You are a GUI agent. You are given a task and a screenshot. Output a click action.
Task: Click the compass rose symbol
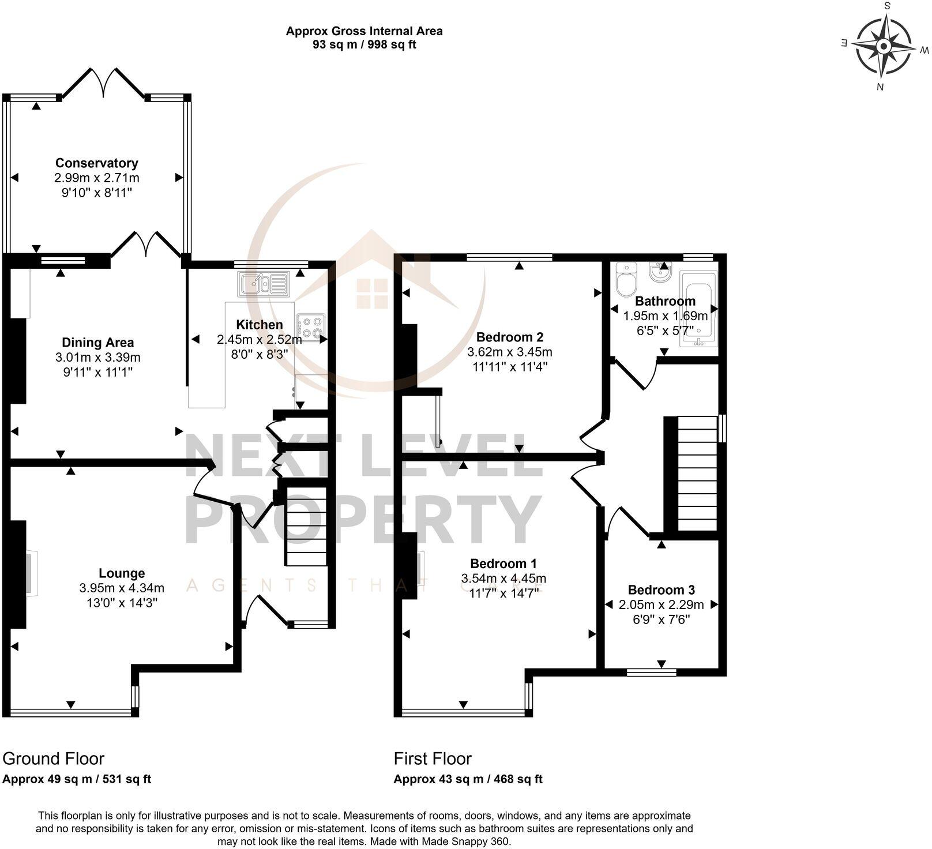pos(883,47)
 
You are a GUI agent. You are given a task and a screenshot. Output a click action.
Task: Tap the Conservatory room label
pos(97,163)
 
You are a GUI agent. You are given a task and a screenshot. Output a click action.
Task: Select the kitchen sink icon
pos(263,283)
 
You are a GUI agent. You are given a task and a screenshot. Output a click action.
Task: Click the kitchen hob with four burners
pos(310,328)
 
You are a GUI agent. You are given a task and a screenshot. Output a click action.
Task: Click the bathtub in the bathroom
pos(698,309)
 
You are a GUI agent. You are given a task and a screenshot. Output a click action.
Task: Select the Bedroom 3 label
pos(661,590)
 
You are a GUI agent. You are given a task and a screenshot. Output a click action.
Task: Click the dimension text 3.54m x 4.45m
pos(503,578)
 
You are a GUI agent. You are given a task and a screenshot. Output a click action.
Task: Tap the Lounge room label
pos(122,573)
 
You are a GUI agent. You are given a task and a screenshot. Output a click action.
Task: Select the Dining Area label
pos(98,343)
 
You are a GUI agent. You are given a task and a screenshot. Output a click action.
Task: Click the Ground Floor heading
pos(54,758)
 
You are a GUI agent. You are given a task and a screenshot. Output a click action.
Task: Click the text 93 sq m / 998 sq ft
pos(364,45)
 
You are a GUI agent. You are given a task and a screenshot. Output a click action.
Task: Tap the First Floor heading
pos(433,758)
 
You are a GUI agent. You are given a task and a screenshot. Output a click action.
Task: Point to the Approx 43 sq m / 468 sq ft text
pos(468,779)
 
